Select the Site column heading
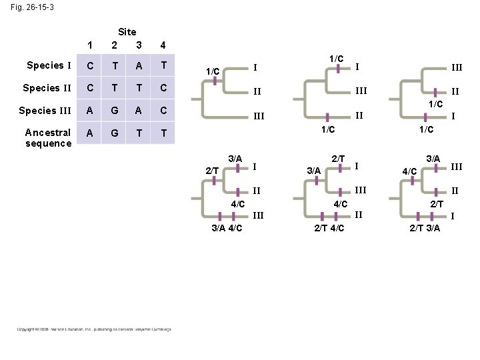(x=127, y=31)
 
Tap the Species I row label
(x=49, y=65)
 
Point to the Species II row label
(x=47, y=88)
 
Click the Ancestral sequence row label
(x=48, y=137)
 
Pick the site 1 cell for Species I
(x=89, y=66)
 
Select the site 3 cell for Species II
(x=138, y=89)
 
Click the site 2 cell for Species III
(x=114, y=111)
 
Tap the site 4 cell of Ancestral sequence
(x=163, y=133)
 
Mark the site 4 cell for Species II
(x=163, y=89)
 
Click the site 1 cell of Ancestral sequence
(x=89, y=133)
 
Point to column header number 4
(x=163, y=45)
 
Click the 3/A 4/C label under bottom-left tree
(x=227, y=229)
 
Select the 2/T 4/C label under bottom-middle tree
(x=329, y=229)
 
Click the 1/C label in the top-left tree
(x=213, y=70)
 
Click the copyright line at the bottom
(x=93, y=329)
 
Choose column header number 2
(x=114, y=45)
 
